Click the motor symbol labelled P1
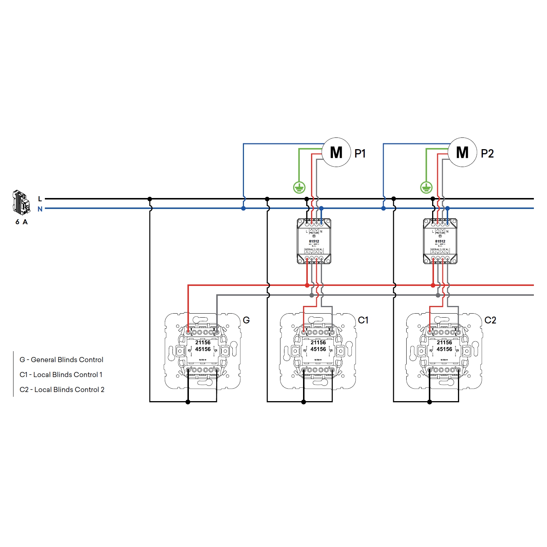click(x=336, y=152)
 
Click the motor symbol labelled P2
click(x=462, y=152)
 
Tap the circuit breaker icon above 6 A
click(x=21, y=202)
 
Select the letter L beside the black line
click(x=40, y=199)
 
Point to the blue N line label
click(x=40, y=209)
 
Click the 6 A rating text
click(x=22, y=222)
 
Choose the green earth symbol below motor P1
click(x=299, y=187)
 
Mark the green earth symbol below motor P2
click(x=426, y=187)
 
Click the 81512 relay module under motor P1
click(x=314, y=241)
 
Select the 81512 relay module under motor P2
click(x=440, y=241)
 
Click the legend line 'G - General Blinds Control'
click(x=61, y=360)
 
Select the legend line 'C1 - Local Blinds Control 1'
click(x=61, y=375)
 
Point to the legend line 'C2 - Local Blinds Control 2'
click(x=62, y=389)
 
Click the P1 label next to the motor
click(x=360, y=154)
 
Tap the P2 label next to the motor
click(x=487, y=154)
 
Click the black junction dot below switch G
click(x=188, y=402)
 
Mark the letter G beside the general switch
click(x=246, y=320)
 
